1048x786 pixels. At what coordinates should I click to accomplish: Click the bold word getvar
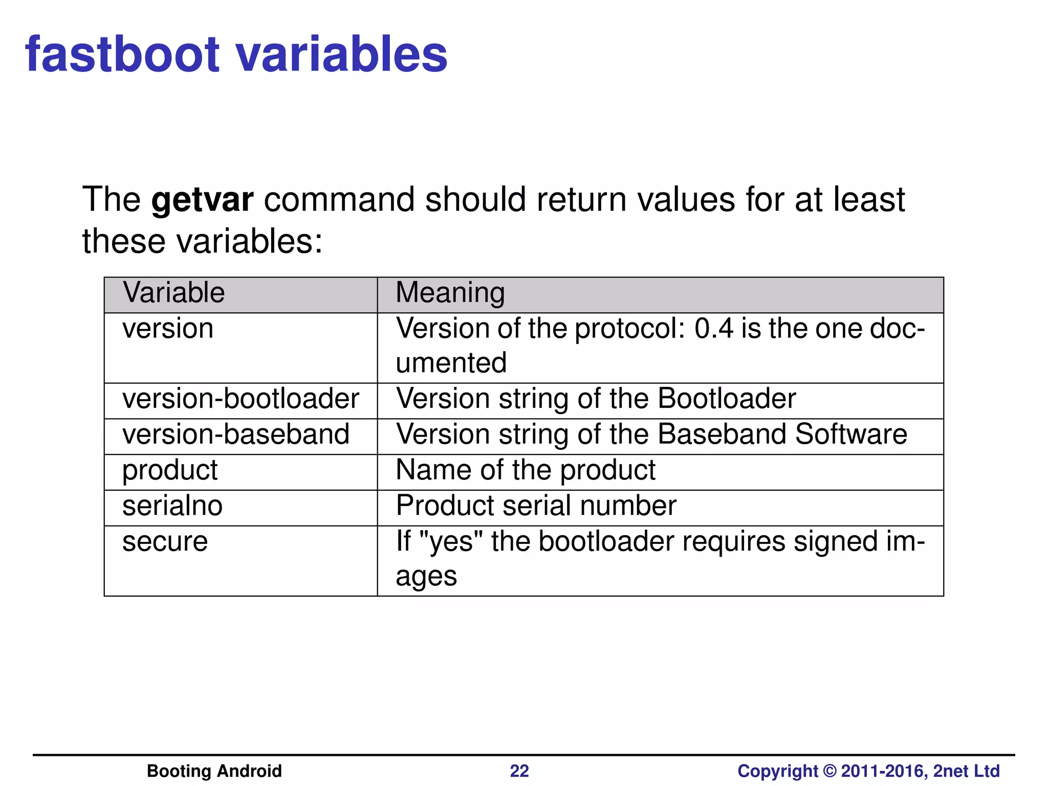[x=203, y=200]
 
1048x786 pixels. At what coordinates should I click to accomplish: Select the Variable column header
[x=173, y=293]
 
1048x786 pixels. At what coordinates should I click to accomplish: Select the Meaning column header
[x=450, y=293]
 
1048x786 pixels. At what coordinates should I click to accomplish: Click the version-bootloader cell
[x=241, y=399]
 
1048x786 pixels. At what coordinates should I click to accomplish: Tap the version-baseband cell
[x=235, y=434]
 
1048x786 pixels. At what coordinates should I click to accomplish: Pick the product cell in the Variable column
[x=170, y=470]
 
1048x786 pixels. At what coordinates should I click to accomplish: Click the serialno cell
[x=172, y=506]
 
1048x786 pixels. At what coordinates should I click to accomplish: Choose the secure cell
[x=165, y=542]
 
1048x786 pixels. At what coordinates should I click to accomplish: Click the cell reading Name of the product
[x=526, y=470]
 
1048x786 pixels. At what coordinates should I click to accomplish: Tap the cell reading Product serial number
[x=536, y=506]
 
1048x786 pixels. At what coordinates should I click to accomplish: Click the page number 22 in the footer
[x=519, y=771]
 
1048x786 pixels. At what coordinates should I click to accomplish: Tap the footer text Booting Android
[x=214, y=771]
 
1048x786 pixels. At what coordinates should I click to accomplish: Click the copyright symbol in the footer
[x=829, y=771]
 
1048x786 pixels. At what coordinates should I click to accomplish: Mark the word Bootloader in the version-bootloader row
[x=727, y=399]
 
